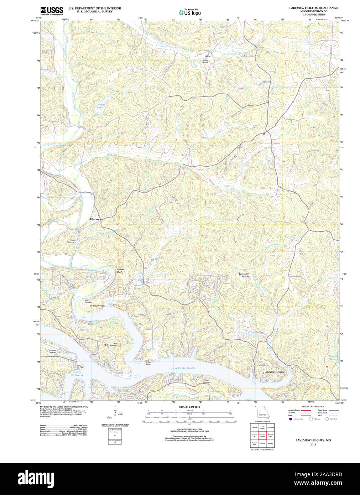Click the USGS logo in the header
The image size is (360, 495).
pos(52,11)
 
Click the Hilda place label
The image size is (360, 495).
pos(207,56)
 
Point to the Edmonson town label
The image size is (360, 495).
pos(95,219)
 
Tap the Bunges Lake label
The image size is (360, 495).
pos(100,106)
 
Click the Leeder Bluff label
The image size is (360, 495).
pos(121,271)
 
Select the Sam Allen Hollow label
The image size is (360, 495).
pos(244,275)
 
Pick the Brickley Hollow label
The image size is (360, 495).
pos(97,306)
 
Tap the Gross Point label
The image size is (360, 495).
pos(148,363)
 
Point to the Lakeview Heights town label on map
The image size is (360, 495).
pos(274,372)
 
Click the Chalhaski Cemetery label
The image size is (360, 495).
pos(45,52)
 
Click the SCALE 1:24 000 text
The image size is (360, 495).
pos(189,407)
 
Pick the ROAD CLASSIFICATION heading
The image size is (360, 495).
pos(313,406)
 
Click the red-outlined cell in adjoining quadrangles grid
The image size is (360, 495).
pos(262,435)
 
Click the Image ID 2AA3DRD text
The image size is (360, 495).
pos(325,474)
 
